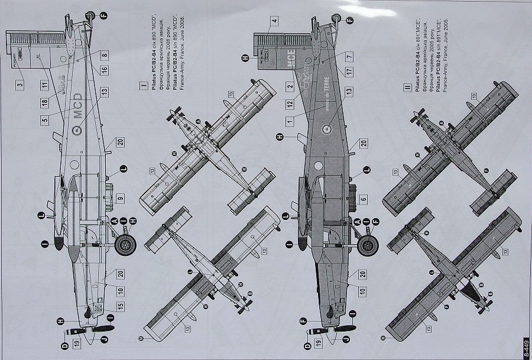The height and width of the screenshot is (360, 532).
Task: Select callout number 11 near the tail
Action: (x=44, y=85)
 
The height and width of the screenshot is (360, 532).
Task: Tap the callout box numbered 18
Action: (x=44, y=103)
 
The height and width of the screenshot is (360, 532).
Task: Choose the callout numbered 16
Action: (x=105, y=70)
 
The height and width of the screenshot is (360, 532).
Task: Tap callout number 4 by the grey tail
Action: (x=275, y=22)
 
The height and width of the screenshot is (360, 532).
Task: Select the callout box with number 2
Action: (x=290, y=86)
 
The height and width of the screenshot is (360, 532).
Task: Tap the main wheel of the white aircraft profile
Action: (x=124, y=245)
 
